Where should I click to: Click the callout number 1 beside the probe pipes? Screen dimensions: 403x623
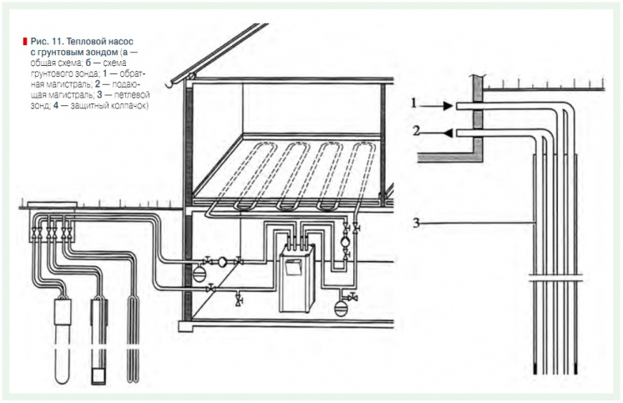[413, 103]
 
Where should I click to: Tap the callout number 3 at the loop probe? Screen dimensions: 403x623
[414, 222]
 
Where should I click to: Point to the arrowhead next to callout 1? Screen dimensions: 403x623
[448, 106]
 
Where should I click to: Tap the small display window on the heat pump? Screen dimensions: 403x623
[294, 270]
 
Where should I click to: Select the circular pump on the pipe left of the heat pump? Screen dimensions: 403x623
[224, 260]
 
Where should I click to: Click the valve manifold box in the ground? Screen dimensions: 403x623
[50, 225]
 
